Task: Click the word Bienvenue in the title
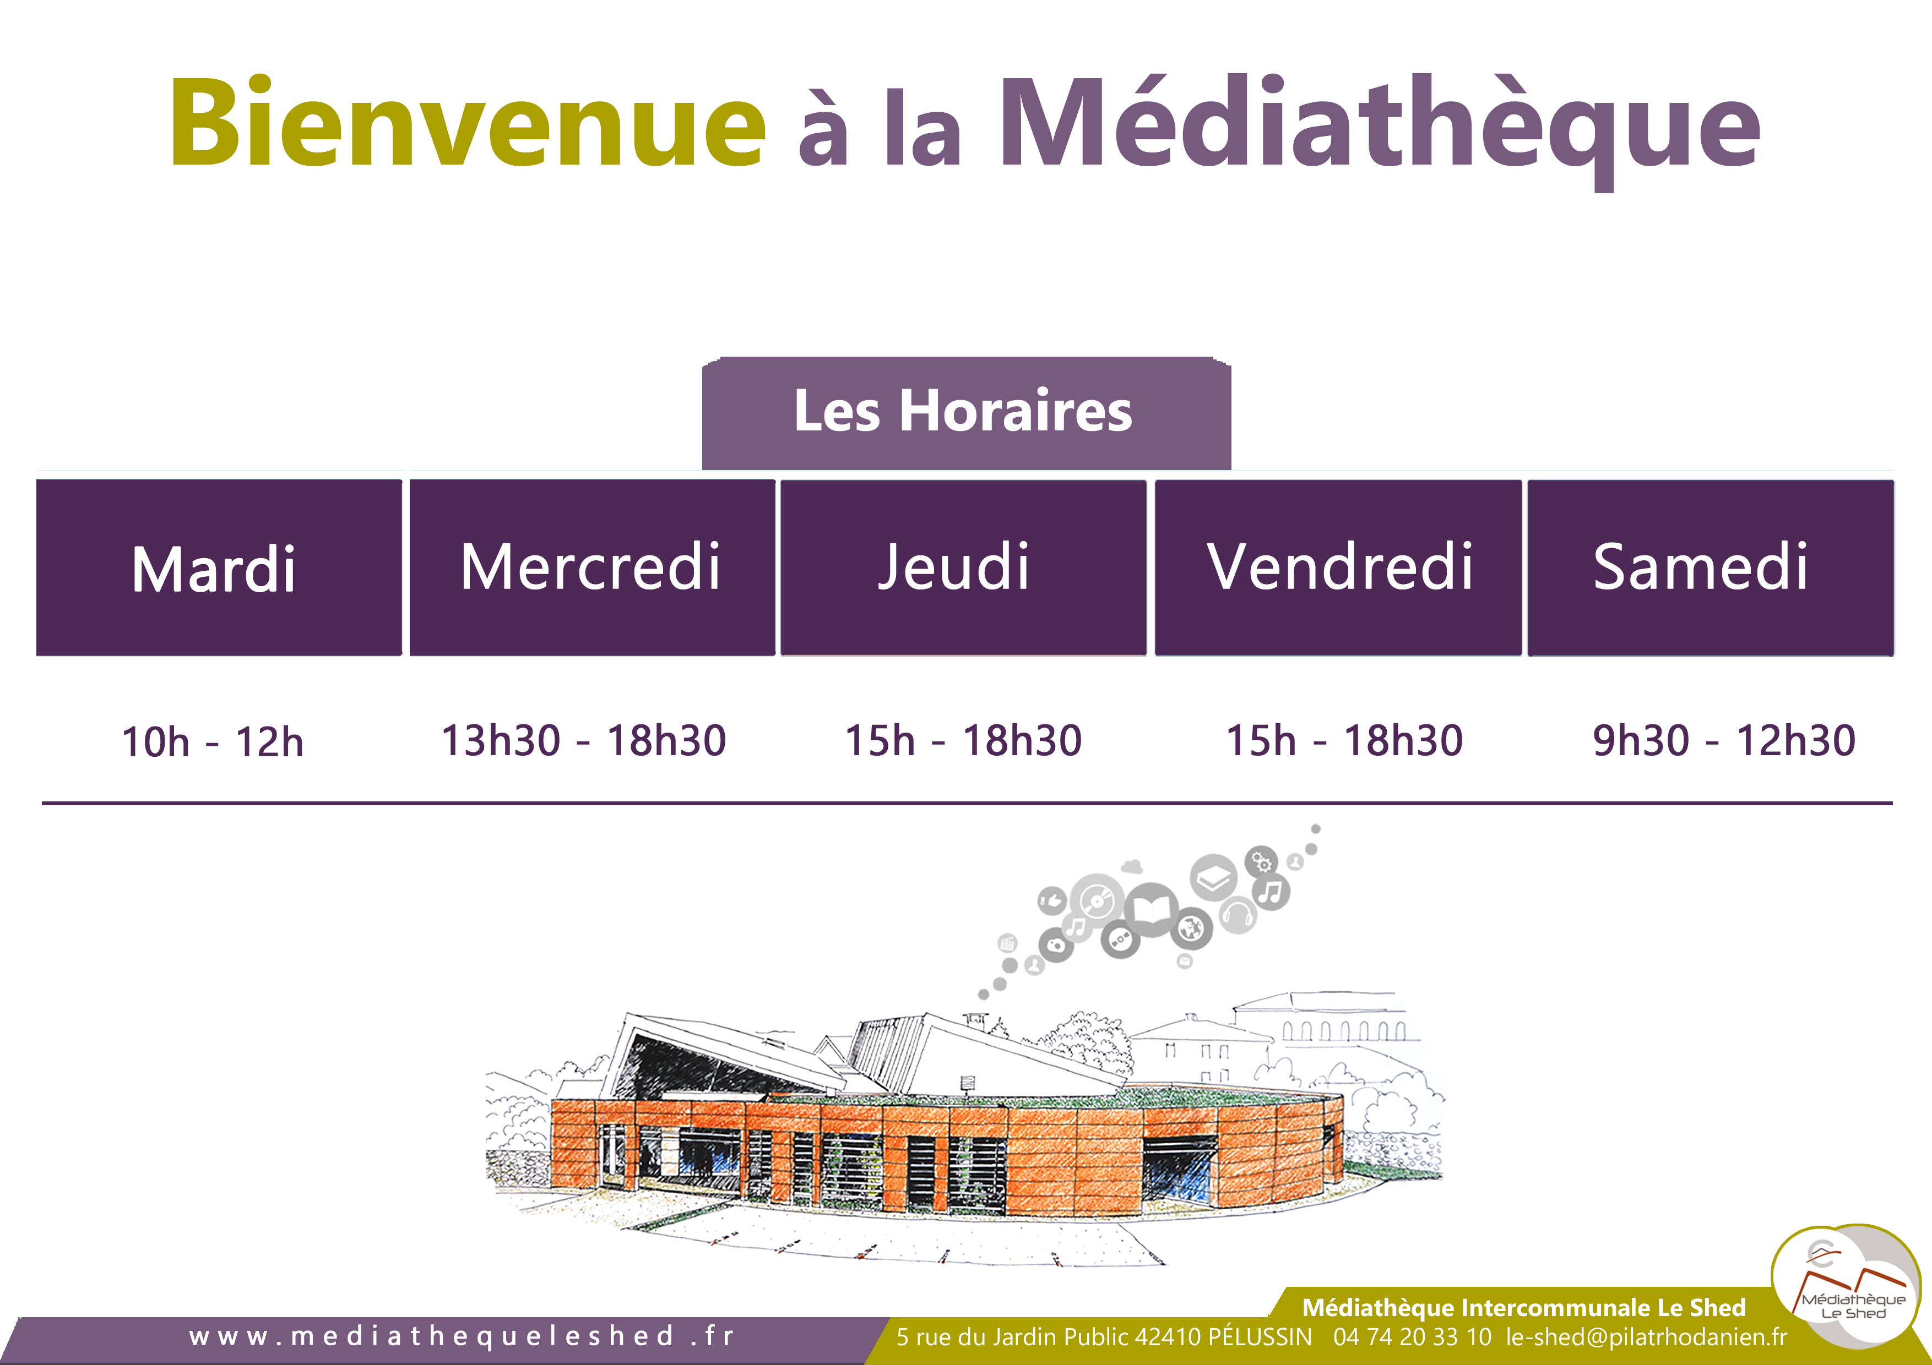pyautogui.click(x=468, y=122)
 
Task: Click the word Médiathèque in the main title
pyautogui.click(x=1380, y=130)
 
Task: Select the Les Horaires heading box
pyautogui.click(x=966, y=413)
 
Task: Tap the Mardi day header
pyautogui.click(x=219, y=567)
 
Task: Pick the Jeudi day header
pyautogui.click(x=963, y=567)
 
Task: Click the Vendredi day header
pyautogui.click(x=1338, y=567)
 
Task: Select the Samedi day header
pyautogui.click(x=1711, y=567)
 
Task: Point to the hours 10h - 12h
pyautogui.click(x=212, y=742)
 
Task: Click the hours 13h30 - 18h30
pyautogui.click(x=583, y=740)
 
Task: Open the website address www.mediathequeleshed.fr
pyautogui.click(x=462, y=1336)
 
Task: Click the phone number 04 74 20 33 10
pyautogui.click(x=1412, y=1336)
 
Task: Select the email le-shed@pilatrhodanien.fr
pyautogui.click(x=1647, y=1336)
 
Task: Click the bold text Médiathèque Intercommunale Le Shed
pyautogui.click(x=1524, y=1308)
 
